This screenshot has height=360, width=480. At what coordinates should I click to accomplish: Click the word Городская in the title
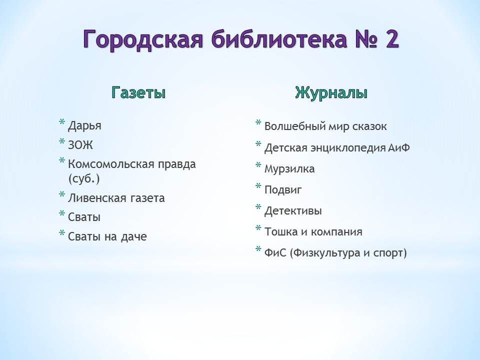143,39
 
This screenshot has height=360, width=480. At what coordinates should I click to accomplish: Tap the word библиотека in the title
279,39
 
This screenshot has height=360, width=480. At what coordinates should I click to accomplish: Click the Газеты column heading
138,92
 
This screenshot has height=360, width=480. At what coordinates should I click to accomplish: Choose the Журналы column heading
331,92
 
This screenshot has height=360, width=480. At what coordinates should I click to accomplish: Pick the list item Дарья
84,126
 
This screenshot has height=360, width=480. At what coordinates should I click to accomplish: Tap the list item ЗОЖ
80,145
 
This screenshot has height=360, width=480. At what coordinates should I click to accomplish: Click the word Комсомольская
111,164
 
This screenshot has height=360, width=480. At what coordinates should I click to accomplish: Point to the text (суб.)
84,178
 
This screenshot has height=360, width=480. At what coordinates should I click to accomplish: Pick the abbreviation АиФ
399,147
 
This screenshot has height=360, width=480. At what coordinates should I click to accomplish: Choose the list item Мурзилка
289,169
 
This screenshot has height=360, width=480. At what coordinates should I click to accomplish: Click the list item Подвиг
283,190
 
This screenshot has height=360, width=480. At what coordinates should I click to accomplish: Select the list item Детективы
293,211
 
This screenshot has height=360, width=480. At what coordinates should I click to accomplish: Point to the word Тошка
281,231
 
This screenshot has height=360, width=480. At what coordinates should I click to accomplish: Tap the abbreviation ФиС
275,253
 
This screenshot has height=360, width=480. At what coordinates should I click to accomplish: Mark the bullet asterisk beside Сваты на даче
62,233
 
